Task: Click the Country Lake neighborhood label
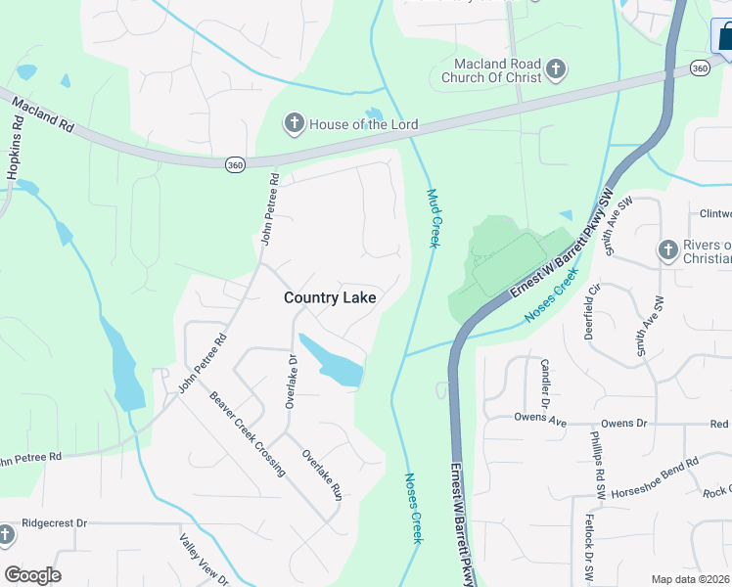330,297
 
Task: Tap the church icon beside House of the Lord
293,124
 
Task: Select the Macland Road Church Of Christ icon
555,69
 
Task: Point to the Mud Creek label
435,217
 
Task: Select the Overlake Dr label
291,381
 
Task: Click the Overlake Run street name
321,474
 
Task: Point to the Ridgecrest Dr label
55,523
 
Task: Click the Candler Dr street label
545,384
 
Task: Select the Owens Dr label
624,425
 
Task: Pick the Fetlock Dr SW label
590,544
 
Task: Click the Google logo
32,575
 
